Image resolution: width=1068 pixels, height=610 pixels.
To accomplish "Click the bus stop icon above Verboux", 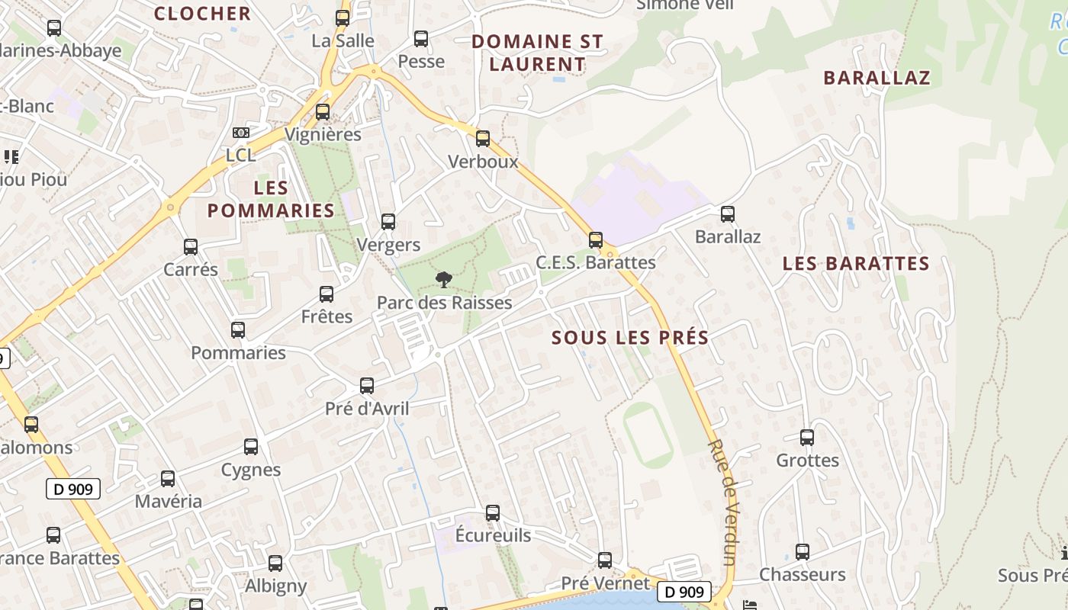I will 482,139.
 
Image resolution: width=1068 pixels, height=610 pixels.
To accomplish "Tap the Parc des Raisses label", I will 444,303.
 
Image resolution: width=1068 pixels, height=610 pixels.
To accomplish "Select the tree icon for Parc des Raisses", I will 442,280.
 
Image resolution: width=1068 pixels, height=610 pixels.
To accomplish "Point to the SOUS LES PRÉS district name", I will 630,337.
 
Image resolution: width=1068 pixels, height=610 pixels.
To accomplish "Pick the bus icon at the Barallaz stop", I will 728,214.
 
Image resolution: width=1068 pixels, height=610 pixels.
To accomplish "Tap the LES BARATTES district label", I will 856,264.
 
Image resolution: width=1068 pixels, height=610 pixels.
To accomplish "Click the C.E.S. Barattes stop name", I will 595,262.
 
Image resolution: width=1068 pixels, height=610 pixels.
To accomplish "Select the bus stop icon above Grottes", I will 807,438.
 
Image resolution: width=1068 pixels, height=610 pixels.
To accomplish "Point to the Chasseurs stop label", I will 802,574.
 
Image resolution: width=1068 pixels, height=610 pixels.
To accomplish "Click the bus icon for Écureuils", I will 493,512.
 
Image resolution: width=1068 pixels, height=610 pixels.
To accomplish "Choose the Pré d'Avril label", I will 367,409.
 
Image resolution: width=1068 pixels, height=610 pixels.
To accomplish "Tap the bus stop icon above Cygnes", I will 251,447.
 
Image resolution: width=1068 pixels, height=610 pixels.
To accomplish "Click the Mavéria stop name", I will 169,501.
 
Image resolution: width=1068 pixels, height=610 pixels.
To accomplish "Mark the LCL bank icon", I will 241,133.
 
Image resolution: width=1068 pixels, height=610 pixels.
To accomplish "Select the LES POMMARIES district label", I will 271,199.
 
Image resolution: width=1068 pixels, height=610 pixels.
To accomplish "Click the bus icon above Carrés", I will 191,247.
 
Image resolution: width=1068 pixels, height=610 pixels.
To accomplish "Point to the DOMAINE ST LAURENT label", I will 537,53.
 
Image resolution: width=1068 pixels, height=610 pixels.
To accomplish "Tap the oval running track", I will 648,435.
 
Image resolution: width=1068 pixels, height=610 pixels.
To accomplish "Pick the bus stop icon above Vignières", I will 323,112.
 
